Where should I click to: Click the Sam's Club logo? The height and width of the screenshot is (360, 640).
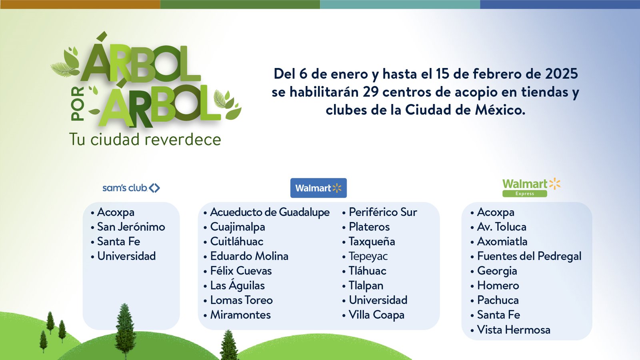tap(131, 188)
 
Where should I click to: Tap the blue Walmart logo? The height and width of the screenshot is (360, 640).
tap(318, 188)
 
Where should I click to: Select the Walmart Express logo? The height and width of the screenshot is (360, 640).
tap(532, 188)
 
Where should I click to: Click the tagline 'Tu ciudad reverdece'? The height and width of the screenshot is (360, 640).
tap(145, 140)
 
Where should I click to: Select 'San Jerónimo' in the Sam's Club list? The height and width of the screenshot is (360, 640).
tap(131, 227)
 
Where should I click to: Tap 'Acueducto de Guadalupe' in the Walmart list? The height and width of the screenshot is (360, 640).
tap(270, 212)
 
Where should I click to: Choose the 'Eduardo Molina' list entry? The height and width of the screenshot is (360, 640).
tap(249, 256)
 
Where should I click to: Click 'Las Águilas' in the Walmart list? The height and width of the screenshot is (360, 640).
tap(238, 285)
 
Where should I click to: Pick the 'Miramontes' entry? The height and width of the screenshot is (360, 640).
tap(240, 315)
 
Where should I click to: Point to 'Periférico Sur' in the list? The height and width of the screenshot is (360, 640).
tap(383, 212)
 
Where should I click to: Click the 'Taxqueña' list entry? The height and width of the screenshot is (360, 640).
tap(372, 242)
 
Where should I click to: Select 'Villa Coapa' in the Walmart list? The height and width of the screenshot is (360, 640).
tap(376, 315)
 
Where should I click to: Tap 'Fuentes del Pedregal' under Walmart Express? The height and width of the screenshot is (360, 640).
tap(529, 256)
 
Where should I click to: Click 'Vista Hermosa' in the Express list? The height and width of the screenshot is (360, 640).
tap(514, 330)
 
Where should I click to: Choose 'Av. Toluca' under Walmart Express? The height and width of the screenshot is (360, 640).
tap(502, 227)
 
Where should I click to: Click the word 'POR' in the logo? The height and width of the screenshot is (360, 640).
tap(78, 104)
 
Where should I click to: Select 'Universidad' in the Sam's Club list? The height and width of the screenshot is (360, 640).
tap(126, 256)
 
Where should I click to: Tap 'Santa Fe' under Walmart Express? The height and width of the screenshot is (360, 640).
tap(498, 315)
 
